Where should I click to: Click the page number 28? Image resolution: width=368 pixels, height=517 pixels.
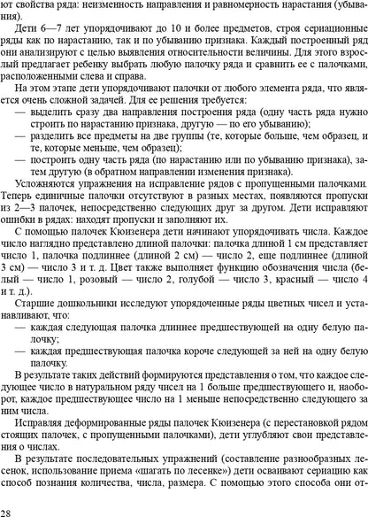click(7, 512)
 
